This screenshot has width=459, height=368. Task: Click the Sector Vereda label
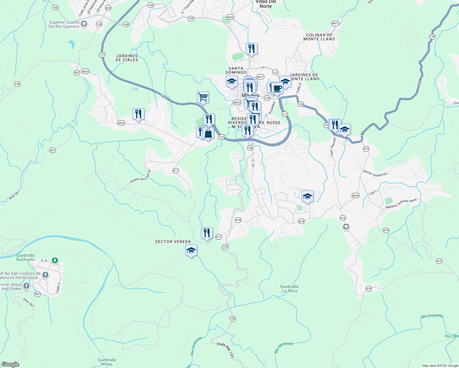[173, 242]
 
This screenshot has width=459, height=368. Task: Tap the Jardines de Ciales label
[127, 58]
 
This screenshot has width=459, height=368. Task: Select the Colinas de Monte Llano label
[319, 37]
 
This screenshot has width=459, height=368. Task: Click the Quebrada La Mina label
[289, 289]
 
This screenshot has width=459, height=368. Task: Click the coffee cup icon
[277, 88]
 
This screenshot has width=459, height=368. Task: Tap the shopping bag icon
[208, 134]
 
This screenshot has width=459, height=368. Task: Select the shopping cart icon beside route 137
[203, 97]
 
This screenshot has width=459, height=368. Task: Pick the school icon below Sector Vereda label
[191, 251]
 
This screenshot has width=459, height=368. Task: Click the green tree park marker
[55, 261]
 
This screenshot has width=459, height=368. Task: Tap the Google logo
[10, 364]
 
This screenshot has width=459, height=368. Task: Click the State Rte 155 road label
[226, 349]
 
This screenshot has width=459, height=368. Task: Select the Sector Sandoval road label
[375, 173]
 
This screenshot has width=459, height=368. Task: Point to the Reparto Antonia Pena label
[401, 204]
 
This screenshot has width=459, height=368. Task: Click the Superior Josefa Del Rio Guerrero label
[64, 24]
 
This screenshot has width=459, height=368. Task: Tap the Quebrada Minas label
[107, 362]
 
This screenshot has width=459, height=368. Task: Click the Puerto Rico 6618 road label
[141, 177]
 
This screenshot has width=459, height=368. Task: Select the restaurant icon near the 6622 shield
[138, 114]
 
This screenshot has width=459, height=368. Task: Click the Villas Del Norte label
[266, 4]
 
